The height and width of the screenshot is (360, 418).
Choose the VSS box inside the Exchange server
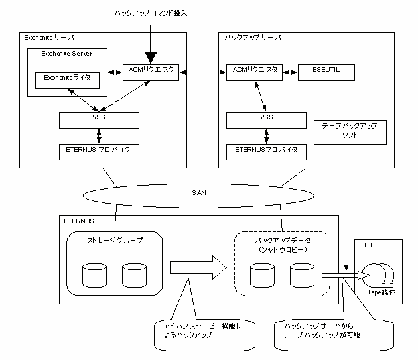click(99, 120)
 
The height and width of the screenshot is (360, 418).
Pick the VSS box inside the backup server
click(266, 120)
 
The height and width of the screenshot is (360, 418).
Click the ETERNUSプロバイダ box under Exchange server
click(99, 151)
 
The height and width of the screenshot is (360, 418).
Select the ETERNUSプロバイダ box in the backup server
click(266, 151)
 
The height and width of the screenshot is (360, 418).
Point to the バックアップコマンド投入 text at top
click(152, 14)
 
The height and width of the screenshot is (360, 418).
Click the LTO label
click(366, 246)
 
